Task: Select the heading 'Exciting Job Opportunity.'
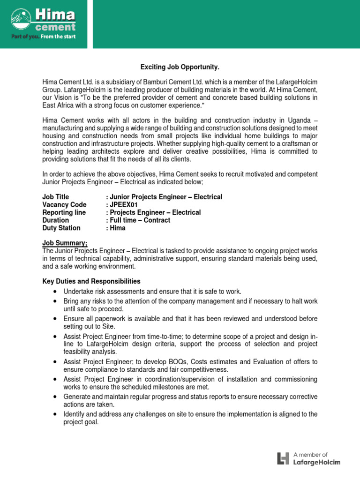[180, 68]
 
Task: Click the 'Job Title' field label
[55, 196]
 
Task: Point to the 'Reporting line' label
[64, 212]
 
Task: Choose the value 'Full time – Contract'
[140, 220]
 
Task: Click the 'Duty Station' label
[61, 228]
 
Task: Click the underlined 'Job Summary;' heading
[65, 243]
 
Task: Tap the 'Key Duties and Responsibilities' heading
[91, 281]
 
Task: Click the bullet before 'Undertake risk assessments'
[55, 292]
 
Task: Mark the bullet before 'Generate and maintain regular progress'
[55, 397]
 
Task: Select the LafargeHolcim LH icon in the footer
[283, 458]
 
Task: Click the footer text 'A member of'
[310, 454]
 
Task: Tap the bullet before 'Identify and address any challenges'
[55, 414]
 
